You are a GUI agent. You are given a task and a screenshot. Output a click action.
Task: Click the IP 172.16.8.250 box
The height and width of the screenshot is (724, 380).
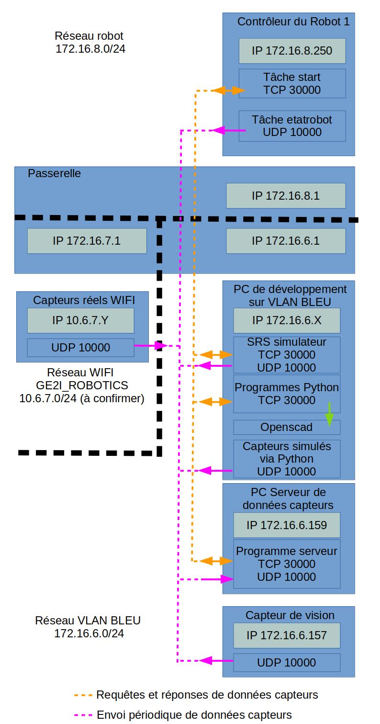(x=292, y=51)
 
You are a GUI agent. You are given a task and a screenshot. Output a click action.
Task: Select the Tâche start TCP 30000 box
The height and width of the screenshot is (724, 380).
(x=292, y=83)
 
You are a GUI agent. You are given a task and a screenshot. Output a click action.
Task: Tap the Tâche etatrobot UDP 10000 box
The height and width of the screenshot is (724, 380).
(x=292, y=125)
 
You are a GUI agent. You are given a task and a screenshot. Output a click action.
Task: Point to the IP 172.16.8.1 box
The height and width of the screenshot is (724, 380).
(x=286, y=195)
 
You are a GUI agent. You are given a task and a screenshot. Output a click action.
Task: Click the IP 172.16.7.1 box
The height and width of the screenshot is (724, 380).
(x=87, y=241)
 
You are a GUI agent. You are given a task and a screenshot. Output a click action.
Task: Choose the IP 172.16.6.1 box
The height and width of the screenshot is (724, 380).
(x=286, y=241)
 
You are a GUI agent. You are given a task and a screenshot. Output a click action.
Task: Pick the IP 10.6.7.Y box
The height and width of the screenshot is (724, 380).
(x=80, y=320)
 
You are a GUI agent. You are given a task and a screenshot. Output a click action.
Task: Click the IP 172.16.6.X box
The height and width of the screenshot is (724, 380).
(x=287, y=320)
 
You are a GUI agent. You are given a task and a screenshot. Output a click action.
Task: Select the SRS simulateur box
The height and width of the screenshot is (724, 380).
(x=287, y=355)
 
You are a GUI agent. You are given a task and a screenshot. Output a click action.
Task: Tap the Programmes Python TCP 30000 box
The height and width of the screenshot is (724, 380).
(x=287, y=394)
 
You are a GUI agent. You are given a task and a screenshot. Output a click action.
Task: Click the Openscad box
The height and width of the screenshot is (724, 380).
(x=287, y=427)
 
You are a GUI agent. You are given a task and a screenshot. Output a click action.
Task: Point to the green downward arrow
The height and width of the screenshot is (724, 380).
(x=329, y=414)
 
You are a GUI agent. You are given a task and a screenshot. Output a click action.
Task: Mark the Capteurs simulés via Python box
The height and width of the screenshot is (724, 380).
(x=287, y=459)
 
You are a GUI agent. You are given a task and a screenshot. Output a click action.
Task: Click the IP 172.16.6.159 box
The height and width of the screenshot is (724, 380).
(x=287, y=525)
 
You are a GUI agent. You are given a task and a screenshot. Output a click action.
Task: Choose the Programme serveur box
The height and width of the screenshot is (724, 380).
(x=287, y=564)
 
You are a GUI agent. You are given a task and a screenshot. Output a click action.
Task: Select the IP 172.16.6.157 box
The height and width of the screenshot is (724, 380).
(x=287, y=635)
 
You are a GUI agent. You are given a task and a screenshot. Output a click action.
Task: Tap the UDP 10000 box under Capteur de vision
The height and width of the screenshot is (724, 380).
(x=287, y=663)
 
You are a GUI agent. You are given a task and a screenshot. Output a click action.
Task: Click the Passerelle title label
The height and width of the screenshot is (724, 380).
(x=55, y=173)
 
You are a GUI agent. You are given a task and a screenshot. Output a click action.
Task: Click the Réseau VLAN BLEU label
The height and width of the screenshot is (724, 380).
(x=88, y=621)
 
